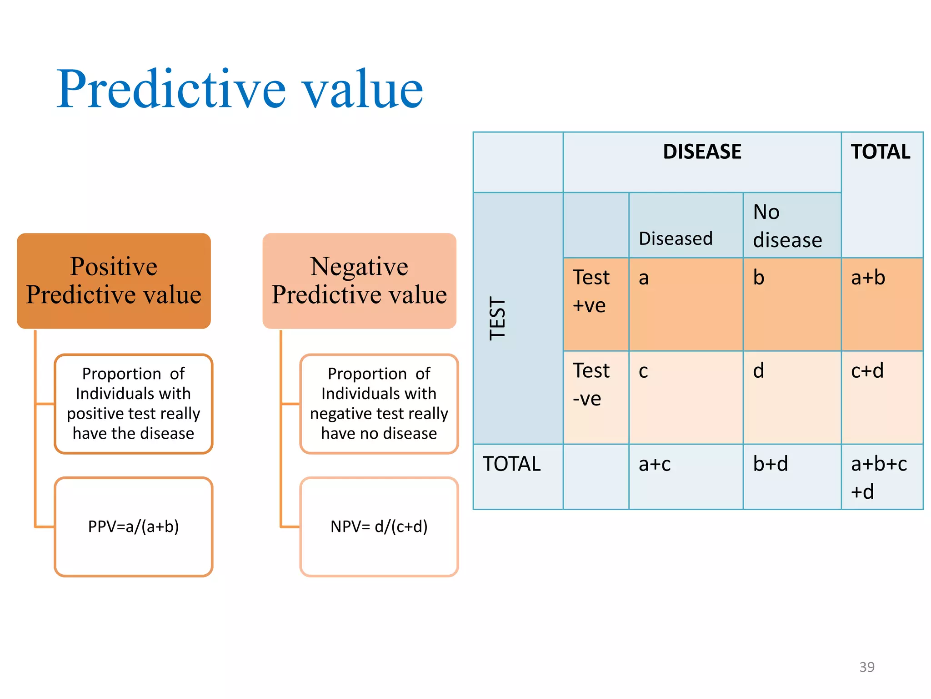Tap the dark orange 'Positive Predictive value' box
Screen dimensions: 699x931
(x=114, y=281)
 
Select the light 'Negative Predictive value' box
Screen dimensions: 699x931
(x=359, y=281)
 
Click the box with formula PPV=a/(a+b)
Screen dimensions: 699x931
(x=133, y=527)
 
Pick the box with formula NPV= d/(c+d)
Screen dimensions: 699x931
(x=379, y=527)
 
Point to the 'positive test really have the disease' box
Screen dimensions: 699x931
(x=133, y=404)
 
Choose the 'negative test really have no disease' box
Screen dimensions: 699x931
(x=379, y=404)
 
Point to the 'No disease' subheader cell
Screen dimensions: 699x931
(x=787, y=226)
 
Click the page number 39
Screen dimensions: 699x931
(x=866, y=667)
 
